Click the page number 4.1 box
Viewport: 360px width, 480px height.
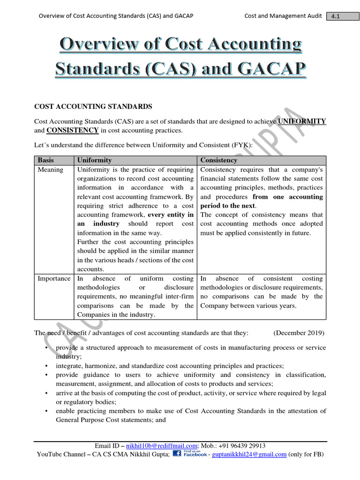[x=335, y=16]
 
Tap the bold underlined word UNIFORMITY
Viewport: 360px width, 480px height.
[x=302, y=121]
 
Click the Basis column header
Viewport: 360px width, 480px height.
[x=46, y=160]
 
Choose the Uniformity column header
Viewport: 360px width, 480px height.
[x=95, y=160]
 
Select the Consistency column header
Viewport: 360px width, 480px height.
[x=219, y=160]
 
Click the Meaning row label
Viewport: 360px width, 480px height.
[x=50, y=170]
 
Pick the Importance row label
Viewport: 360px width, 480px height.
[x=54, y=278]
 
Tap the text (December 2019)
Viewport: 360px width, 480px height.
[x=299, y=333]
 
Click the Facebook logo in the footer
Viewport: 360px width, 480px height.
[x=189, y=454]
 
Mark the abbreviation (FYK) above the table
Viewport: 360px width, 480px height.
[x=241, y=145]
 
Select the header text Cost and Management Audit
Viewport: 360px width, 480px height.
[x=283, y=16]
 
